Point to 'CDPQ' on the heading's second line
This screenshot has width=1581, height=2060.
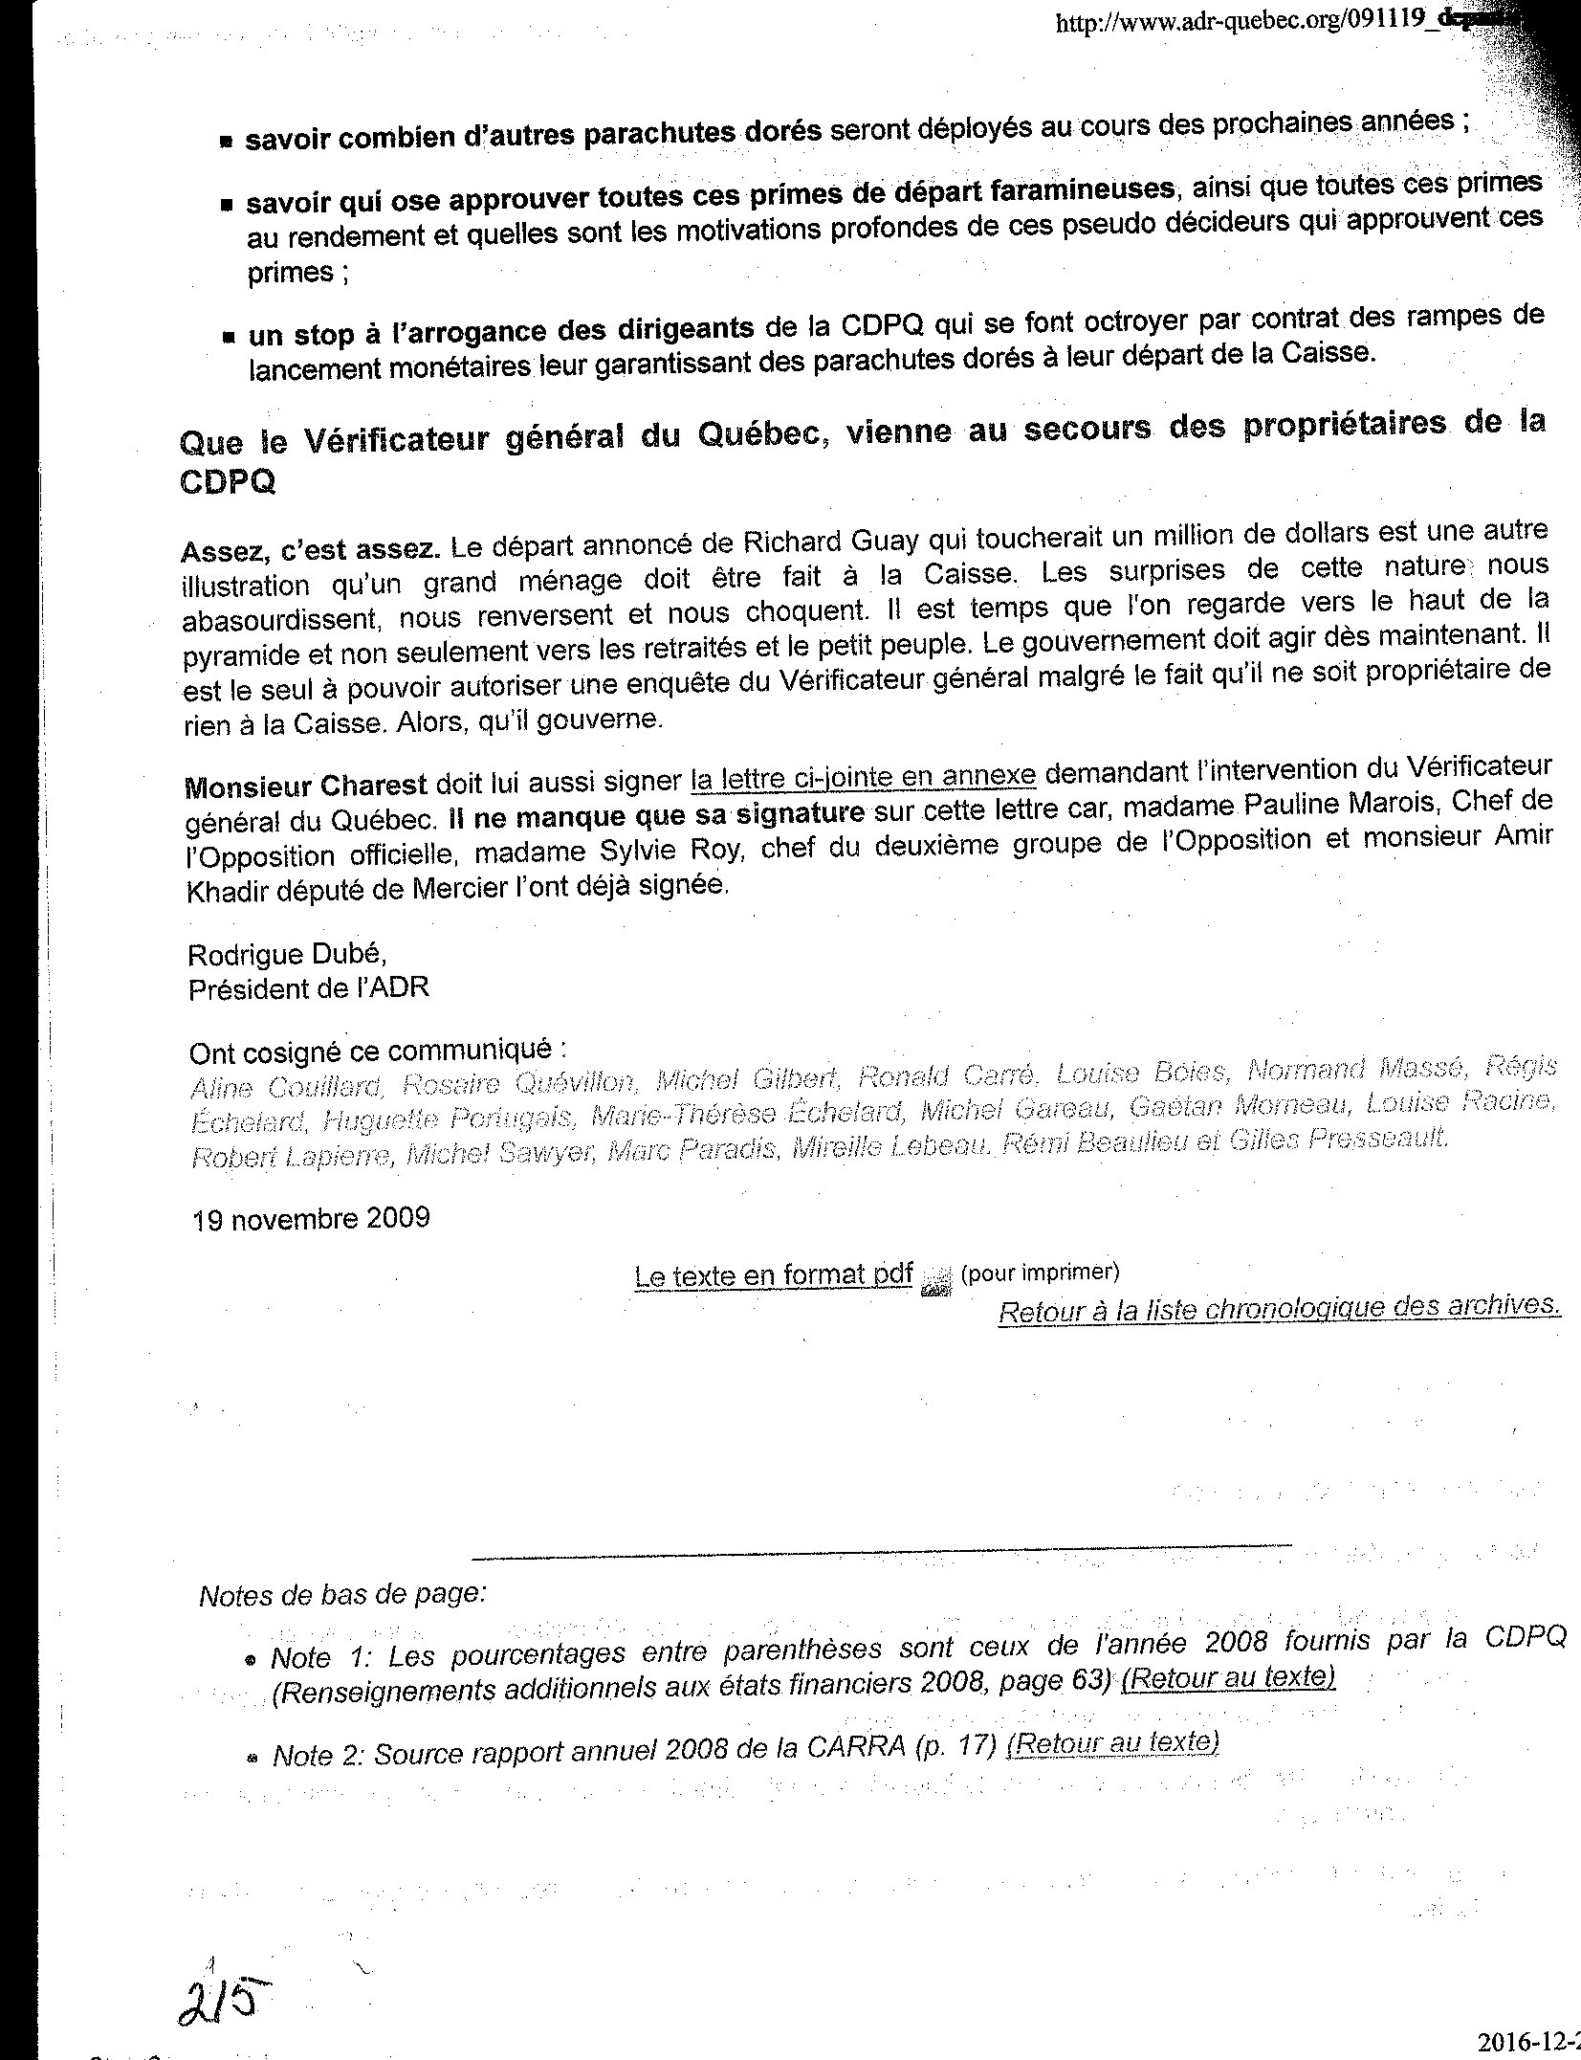[x=228, y=482]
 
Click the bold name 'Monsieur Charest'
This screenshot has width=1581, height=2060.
[x=306, y=786]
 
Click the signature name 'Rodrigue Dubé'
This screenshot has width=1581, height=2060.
[x=287, y=955]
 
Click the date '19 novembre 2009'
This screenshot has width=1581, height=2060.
[x=311, y=1219]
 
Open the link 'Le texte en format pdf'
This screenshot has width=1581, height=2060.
[x=773, y=1276]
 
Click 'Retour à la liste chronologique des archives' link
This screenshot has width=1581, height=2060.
[x=1279, y=1308]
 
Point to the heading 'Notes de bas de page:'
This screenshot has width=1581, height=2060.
[x=342, y=1595]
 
